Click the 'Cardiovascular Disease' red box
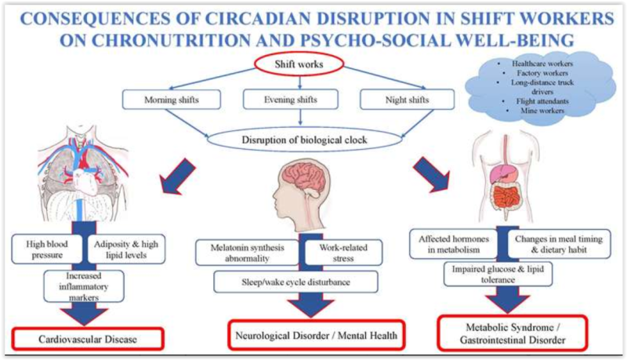pyautogui.click(x=86, y=340)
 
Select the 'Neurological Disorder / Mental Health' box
pyautogui.click(x=318, y=336)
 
